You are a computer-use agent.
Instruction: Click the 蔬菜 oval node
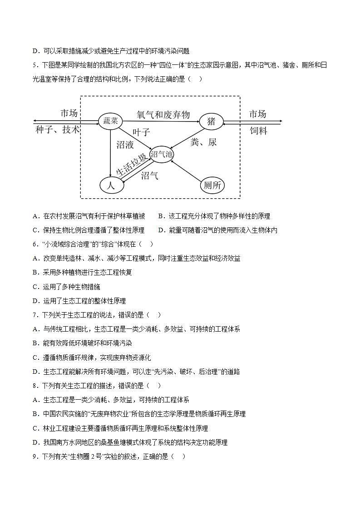pyautogui.click(x=111, y=121)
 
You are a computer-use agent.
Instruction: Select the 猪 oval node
pyautogui.click(x=211, y=122)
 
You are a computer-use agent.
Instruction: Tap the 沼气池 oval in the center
pyautogui.click(x=162, y=154)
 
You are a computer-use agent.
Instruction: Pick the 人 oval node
pyautogui.click(x=111, y=185)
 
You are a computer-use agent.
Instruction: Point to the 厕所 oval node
pyautogui.click(x=212, y=185)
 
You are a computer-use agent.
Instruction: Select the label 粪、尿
pyautogui.click(x=203, y=142)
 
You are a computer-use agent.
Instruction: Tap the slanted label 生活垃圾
pyautogui.click(x=132, y=165)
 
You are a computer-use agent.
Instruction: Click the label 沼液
pyautogui.click(x=125, y=145)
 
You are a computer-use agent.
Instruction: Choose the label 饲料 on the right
pyautogui.click(x=258, y=131)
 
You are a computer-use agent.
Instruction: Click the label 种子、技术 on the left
pyautogui.click(x=57, y=130)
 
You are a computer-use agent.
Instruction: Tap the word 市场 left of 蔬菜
pyautogui.click(x=69, y=113)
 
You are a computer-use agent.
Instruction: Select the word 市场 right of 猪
pyautogui.click(x=257, y=113)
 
